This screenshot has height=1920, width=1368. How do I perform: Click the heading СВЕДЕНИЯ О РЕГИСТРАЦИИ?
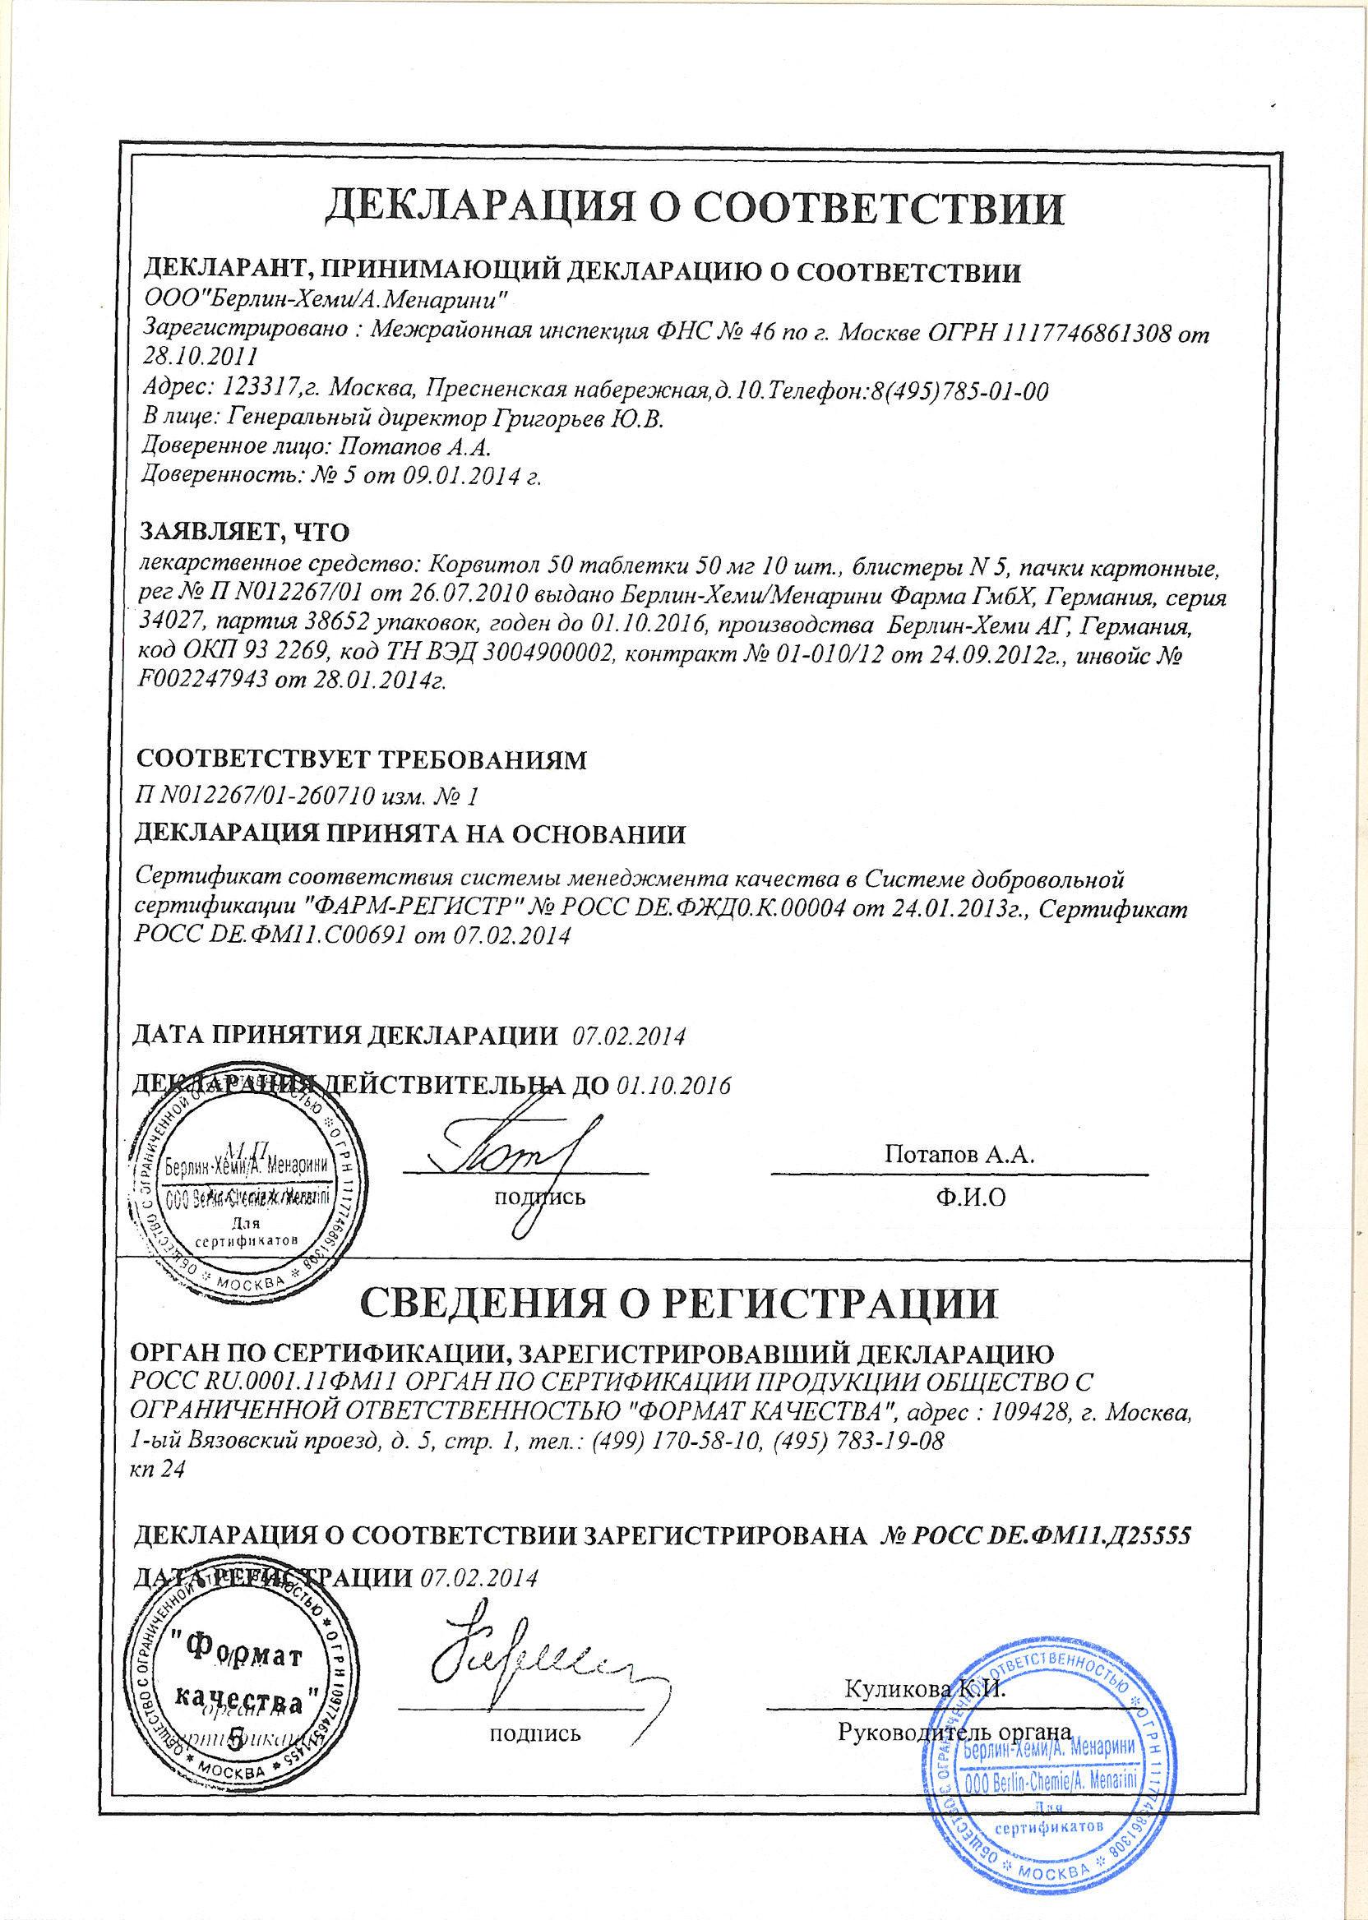[677, 1324]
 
